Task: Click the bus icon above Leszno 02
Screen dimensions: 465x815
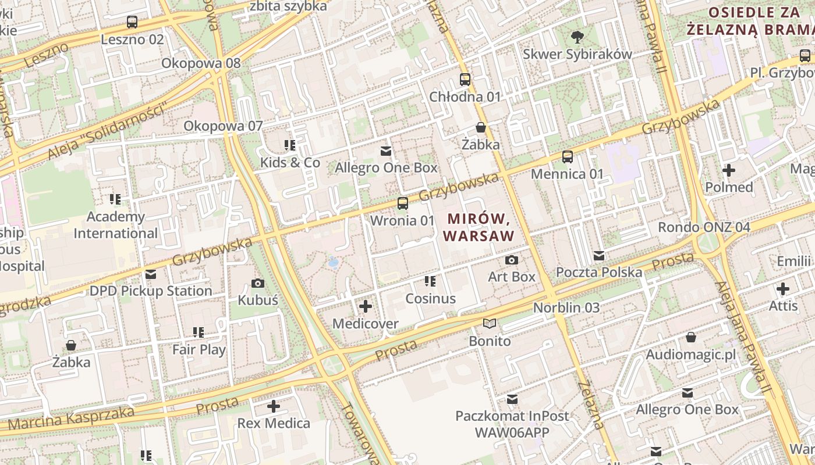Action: point(132,23)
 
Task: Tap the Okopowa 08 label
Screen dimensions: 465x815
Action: point(201,63)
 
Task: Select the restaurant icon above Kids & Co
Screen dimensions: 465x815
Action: point(290,145)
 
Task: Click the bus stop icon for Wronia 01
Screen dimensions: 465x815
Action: point(402,203)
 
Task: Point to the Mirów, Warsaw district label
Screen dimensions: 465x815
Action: point(479,227)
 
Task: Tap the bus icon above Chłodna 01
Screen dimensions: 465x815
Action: point(465,80)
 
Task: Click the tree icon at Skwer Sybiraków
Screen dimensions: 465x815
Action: point(577,37)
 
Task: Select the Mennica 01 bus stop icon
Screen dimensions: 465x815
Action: point(568,156)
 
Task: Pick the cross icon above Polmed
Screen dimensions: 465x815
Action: point(728,170)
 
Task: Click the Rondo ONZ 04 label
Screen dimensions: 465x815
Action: point(704,227)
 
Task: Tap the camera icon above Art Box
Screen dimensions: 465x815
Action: point(512,260)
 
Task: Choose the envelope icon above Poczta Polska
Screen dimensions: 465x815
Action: point(599,256)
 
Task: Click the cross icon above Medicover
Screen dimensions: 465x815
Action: point(366,306)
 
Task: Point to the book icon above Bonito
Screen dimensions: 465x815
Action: point(490,324)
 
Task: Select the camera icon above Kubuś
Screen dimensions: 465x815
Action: point(257,283)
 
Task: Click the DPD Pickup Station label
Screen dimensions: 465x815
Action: point(150,291)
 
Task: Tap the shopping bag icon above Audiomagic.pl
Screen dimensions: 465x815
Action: point(691,337)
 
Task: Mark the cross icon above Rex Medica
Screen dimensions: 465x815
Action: point(274,406)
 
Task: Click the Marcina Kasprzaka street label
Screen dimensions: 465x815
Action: point(71,419)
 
